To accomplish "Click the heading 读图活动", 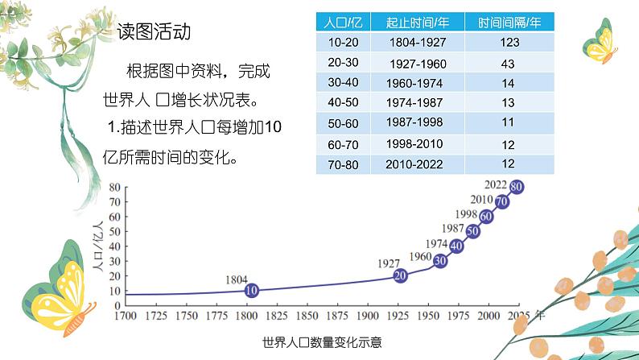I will tap(154, 33).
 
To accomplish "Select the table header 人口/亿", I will tap(339, 22).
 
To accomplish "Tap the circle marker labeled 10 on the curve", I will tap(251, 291).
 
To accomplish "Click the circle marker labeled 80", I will tap(517, 186).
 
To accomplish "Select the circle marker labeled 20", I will tap(401, 275).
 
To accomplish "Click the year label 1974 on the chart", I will tap(436, 244).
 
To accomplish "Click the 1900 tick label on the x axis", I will tap(366, 316).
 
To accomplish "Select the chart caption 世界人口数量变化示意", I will tap(321, 341).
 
